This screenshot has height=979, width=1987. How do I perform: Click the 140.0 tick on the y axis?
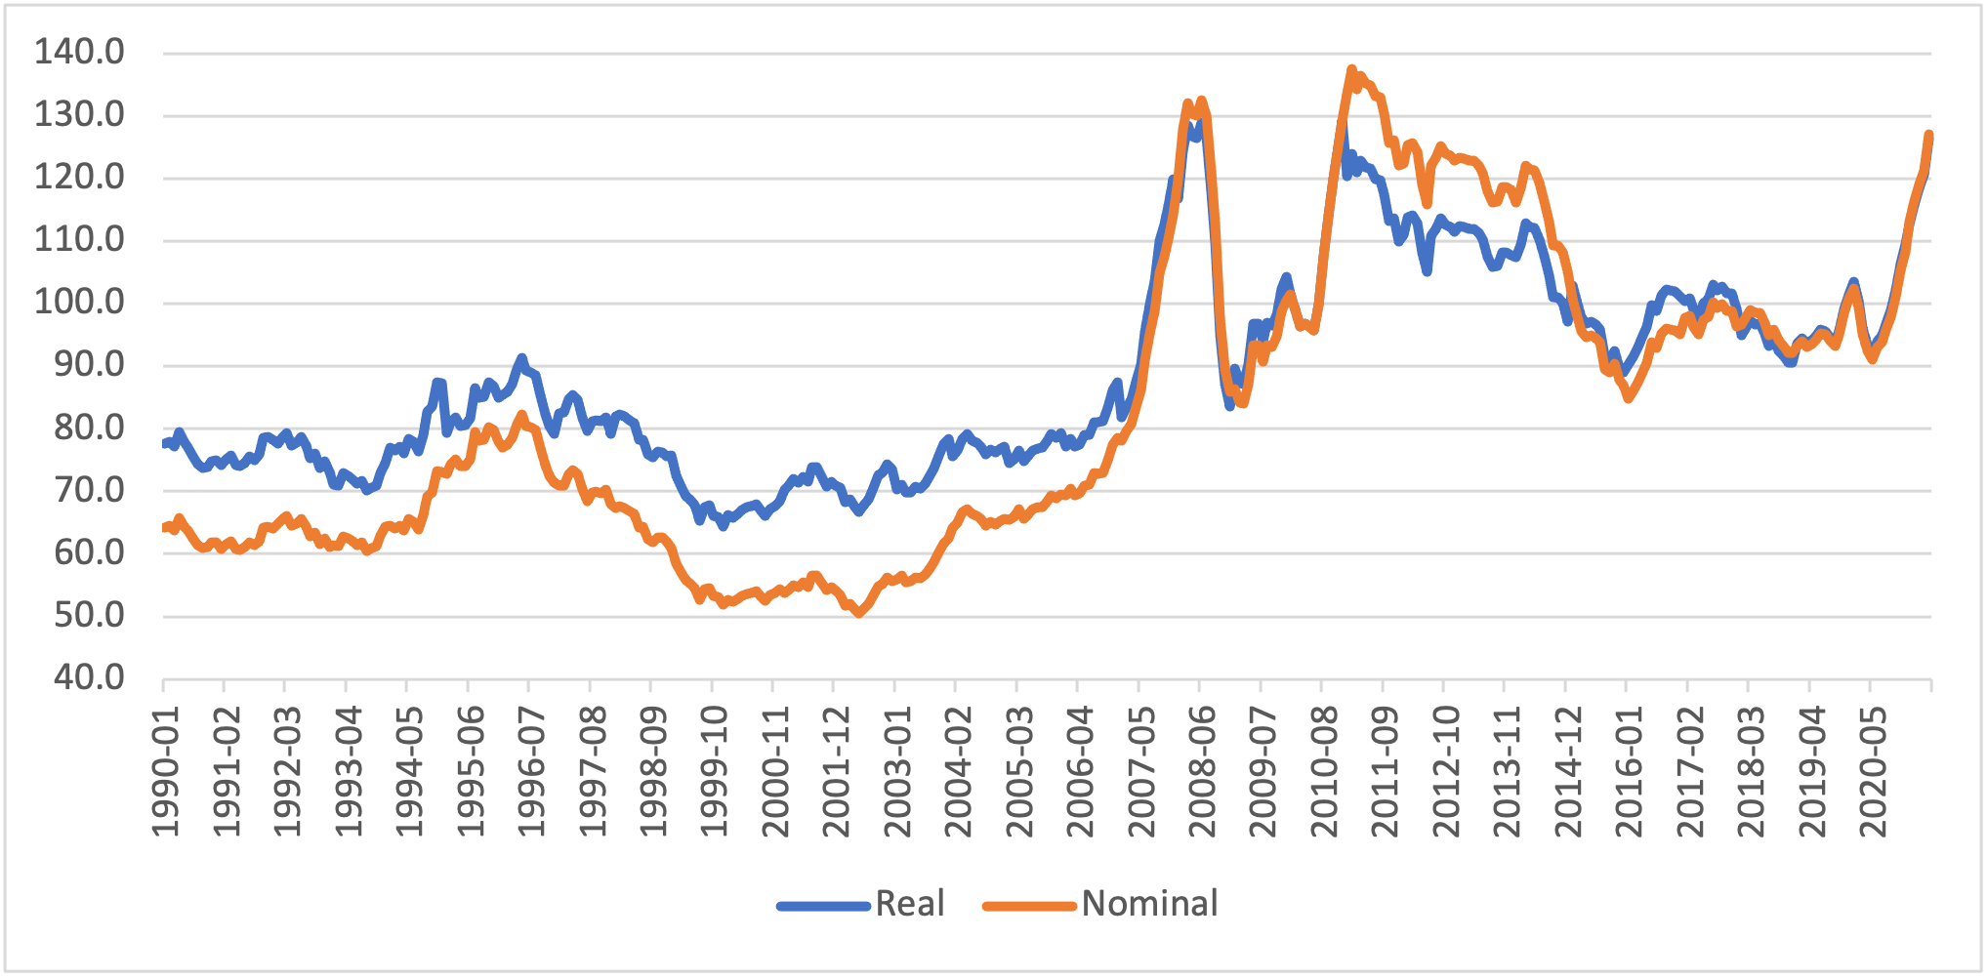(80, 52)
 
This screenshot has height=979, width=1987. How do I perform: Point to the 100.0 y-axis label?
(80, 302)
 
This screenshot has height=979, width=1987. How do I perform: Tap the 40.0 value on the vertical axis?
(88, 677)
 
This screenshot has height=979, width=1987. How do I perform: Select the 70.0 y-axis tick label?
(88, 490)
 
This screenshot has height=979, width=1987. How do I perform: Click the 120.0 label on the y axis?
(80, 177)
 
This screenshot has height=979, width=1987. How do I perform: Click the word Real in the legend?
(910, 904)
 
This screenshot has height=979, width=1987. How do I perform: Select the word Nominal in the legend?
(1149, 904)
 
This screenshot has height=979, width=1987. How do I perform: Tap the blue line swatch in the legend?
(823, 906)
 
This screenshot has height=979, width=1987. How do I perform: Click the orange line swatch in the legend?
(1029, 906)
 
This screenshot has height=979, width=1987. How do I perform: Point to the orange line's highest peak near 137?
(1351, 69)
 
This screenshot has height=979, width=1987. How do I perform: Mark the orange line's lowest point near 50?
(858, 613)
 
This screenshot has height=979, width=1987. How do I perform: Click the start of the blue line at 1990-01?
(164, 444)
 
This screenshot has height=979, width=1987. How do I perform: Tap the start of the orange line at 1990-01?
(164, 528)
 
